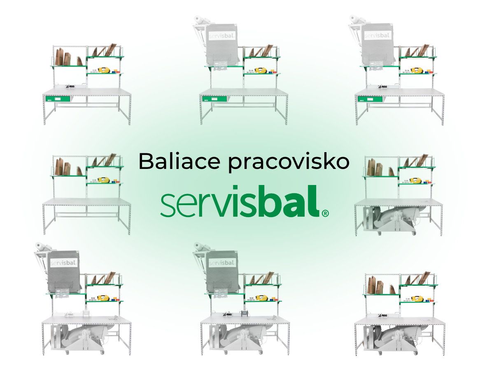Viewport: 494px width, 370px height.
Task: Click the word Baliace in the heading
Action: click(179, 161)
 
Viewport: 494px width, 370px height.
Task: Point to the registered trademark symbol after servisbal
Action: click(325, 213)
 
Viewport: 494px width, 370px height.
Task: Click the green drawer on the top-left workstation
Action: click(58, 99)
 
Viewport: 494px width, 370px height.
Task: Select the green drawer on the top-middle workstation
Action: click(214, 99)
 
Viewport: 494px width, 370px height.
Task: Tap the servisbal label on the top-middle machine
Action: click(222, 35)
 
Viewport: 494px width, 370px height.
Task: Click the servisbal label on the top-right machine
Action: click(377, 35)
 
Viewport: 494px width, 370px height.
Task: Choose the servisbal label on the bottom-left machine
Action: click(63, 263)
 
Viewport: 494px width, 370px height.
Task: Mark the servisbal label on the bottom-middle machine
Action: click(221, 263)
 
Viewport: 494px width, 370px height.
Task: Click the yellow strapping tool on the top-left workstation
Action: click(104, 70)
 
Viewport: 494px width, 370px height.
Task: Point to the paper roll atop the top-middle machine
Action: click(199, 20)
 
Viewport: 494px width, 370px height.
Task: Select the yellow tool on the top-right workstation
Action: click(416, 71)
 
